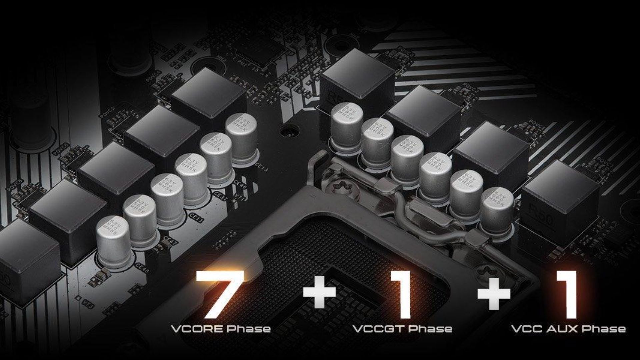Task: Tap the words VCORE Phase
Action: (x=221, y=329)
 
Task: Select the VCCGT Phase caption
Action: (x=402, y=329)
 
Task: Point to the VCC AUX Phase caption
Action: (x=568, y=329)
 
